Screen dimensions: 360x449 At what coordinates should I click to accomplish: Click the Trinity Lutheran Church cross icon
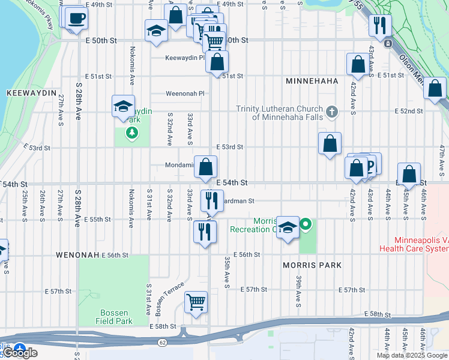[331, 111]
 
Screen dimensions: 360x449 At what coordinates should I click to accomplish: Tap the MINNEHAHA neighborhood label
[312, 81]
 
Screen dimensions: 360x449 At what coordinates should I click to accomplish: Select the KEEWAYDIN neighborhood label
[31, 94]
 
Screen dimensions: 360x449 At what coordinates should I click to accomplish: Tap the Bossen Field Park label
[113, 317]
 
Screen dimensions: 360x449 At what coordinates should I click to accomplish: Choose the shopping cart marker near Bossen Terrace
[196, 303]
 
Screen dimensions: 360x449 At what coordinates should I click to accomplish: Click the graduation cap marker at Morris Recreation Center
[288, 227]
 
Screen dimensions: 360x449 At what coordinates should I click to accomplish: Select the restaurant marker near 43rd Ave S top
[380, 25]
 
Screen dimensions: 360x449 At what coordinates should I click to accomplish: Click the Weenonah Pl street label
[185, 94]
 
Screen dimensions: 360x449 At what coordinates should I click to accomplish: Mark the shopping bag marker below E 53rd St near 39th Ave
[330, 144]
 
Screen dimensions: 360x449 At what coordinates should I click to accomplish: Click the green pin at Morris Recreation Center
[306, 226]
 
